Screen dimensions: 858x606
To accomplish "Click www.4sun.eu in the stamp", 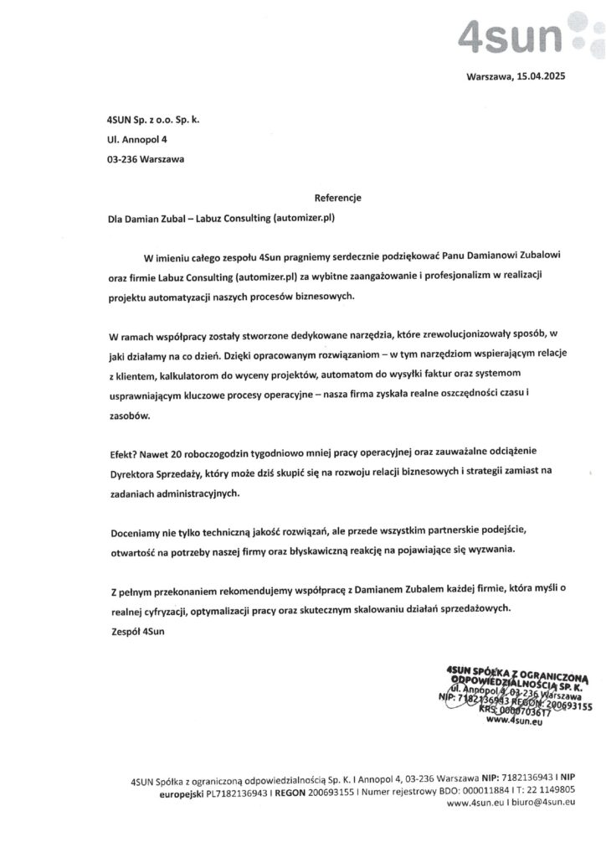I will click(x=515, y=720).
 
